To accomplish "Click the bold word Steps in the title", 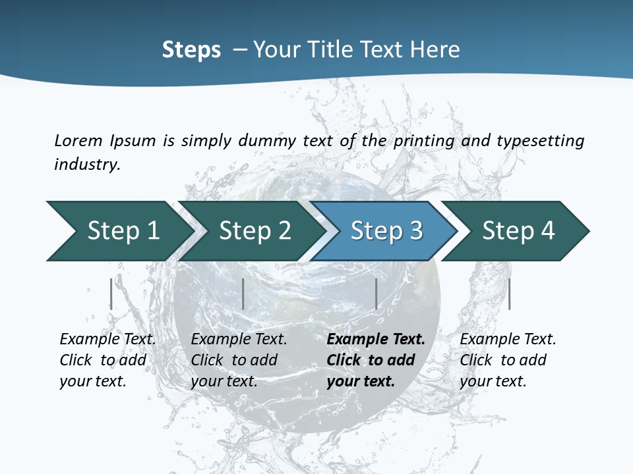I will tap(191, 50).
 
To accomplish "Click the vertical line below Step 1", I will tap(111, 294).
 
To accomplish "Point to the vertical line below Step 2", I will tap(243, 294).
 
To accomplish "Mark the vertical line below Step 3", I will tap(376, 294).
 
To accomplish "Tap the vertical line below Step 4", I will tap(509, 294).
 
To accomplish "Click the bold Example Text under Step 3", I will tap(376, 340).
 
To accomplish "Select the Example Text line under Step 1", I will tap(107, 340).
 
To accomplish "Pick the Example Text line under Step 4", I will tap(508, 340).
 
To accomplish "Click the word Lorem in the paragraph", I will tap(78, 141).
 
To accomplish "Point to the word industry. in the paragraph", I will tap(87, 165).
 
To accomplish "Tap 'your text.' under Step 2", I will tap(224, 381).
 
